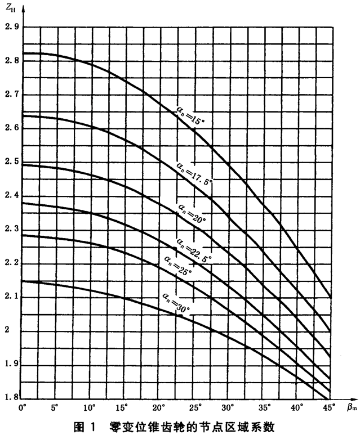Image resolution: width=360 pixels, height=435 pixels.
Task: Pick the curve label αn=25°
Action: click(x=178, y=265)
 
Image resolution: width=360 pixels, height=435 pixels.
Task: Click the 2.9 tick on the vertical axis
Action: click(x=11, y=26)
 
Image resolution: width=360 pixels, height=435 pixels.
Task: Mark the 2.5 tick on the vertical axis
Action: click(x=11, y=162)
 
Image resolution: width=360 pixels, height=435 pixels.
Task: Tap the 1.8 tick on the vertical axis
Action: click(x=11, y=397)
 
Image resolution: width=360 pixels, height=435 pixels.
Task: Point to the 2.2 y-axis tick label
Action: click(x=11, y=263)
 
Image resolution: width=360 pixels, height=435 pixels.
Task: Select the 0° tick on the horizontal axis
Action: click(x=23, y=406)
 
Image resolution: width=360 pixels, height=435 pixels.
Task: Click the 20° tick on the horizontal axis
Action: click(x=159, y=406)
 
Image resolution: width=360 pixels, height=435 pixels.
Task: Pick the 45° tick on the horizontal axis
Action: click(x=329, y=406)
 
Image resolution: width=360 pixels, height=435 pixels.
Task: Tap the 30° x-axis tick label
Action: click(x=227, y=406)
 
